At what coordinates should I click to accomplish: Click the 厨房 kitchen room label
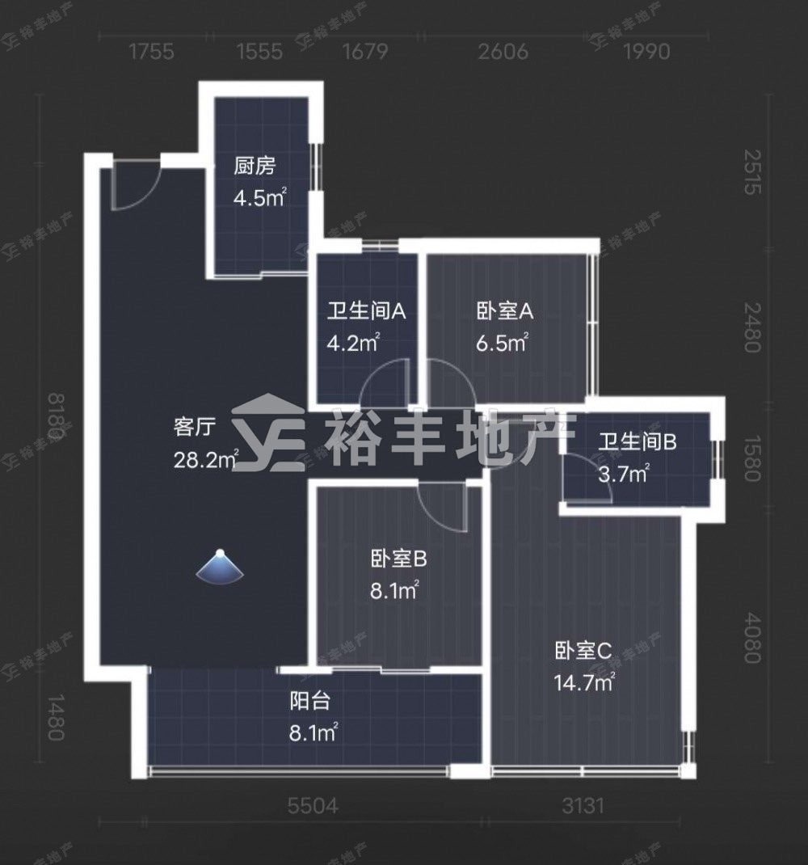click(x=254, y=166)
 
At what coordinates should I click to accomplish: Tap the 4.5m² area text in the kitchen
click(x=260, y=197)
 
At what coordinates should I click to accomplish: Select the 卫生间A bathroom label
click(x=366, y=312)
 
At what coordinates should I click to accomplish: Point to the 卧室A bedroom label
click(x=505, y=312)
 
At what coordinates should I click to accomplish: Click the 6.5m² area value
click(x=503, y=343)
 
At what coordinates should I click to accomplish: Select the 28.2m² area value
click(x=206, y=459)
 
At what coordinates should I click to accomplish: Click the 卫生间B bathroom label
click(x=638, y=442)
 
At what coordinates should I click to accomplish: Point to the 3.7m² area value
click(x=624, y=473)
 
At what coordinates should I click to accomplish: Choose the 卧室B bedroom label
click(x=398, y=560)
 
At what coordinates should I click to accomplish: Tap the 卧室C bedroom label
click(x=583, y=652)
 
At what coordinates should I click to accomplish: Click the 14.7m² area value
click(x=585, y=683)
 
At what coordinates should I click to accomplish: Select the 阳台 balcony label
click(x=310, y=701)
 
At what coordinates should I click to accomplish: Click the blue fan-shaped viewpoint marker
click(x=220, y=567)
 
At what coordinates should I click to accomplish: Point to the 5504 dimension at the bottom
click(x=313, y=806)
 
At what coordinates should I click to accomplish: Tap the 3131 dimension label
click(x=583, y=806)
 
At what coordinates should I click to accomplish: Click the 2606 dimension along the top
click(x=503, y=52)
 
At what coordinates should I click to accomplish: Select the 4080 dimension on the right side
click(x=751, y=639)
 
